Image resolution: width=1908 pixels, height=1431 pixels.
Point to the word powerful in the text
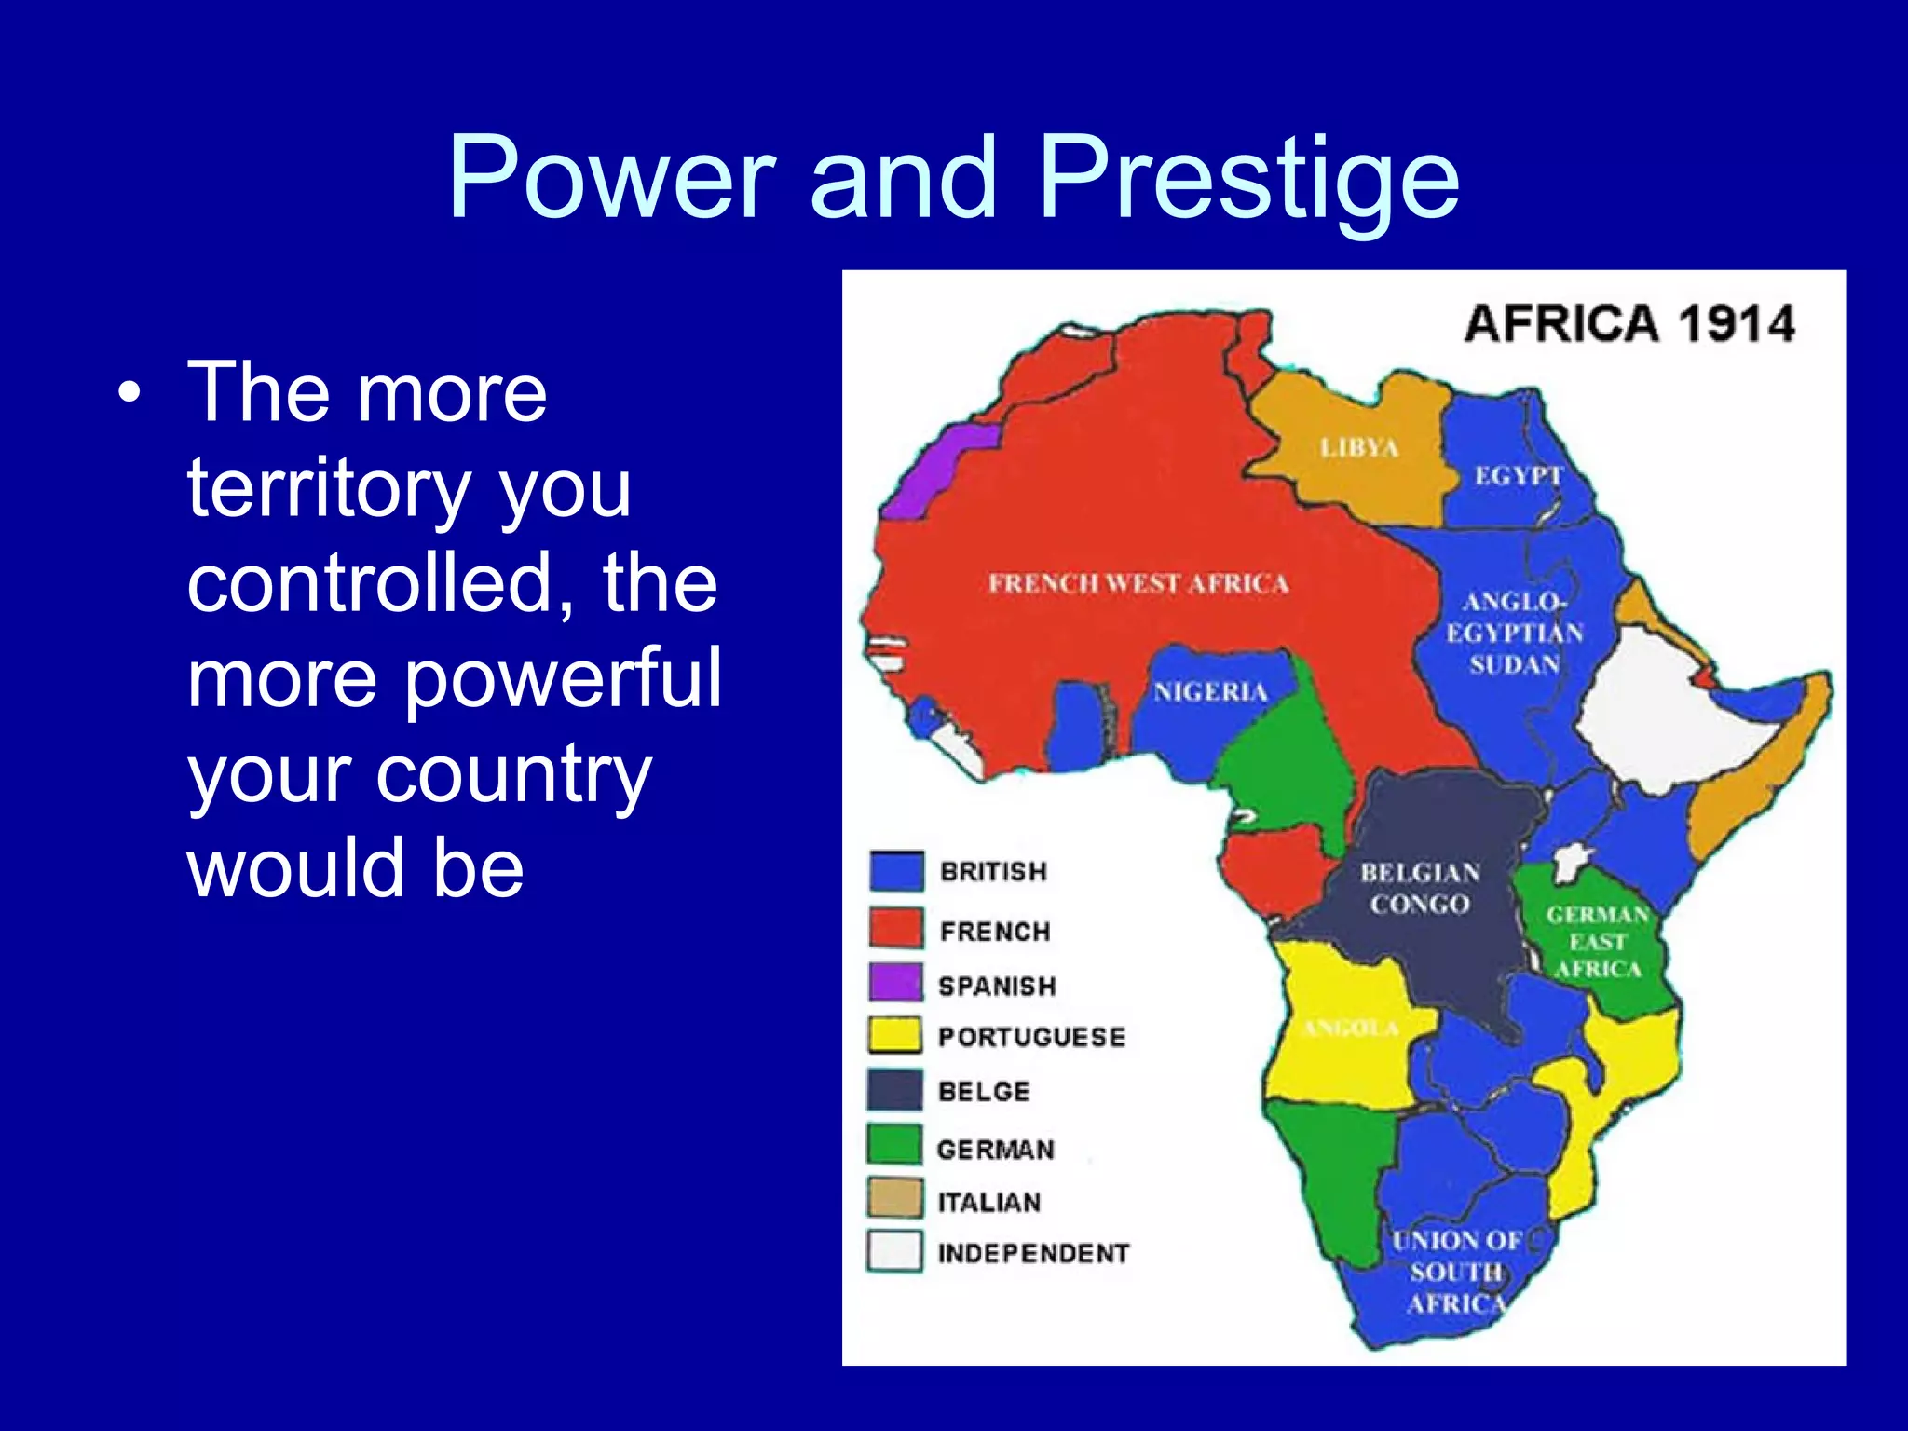[563, 677]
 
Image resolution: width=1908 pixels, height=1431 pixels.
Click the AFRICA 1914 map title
[1629, 324]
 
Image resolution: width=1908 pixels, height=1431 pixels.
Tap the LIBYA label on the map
[1358, 448]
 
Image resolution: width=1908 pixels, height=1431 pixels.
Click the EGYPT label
[1518, 476]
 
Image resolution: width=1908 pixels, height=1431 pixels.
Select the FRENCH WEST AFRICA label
[1138, 584]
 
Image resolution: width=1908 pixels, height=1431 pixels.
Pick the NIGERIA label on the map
[1210, 692]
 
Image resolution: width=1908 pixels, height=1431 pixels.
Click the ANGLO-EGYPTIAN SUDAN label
[1514, 634]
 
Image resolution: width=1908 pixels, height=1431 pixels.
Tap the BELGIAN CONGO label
[1420, 888]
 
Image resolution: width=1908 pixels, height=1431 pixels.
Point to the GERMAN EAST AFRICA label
[1597, 942]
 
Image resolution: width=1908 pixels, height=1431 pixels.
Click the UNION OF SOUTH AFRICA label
[1456, 1272]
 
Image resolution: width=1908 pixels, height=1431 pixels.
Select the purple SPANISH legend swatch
[895, 982]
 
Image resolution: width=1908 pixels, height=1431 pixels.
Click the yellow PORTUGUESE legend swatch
[895, 1034]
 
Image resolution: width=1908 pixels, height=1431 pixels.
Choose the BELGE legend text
[984, 1091]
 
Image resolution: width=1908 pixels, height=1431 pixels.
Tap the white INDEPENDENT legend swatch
[895, 1250]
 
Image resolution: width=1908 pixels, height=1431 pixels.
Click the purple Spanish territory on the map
[936, 470]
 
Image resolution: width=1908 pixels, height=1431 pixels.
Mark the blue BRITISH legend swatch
[896, 871]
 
